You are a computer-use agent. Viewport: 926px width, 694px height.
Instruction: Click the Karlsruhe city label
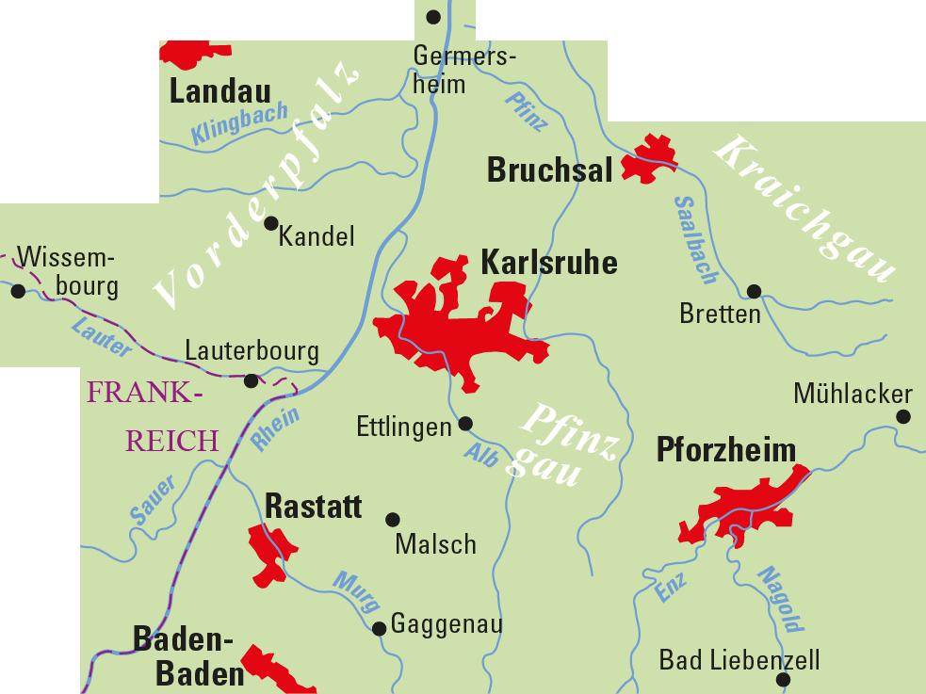point(548,262)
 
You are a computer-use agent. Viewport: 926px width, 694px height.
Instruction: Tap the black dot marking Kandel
point(271,223)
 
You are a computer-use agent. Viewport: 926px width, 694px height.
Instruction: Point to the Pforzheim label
point(725,450)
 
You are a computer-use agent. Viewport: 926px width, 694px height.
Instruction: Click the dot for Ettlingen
point(464,424)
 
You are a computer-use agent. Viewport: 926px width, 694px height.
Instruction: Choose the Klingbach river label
point(227,122)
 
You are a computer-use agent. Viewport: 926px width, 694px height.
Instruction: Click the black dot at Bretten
point(754,291)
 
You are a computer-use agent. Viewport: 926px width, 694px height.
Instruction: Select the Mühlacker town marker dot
point(902,415)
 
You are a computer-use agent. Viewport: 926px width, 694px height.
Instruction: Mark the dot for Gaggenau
point(379,628)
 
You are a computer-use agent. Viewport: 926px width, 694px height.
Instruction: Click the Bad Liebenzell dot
point(781,680)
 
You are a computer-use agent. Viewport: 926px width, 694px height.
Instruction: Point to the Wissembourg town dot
point(18,291)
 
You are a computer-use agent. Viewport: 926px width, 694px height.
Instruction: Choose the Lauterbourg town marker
point(251,380)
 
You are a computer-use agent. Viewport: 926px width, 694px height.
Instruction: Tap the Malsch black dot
point(394,519)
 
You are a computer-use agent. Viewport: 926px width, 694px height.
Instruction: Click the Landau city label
point(219,91)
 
